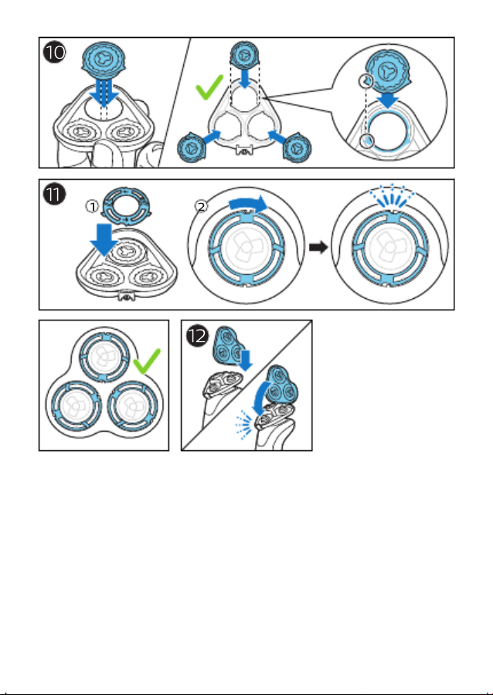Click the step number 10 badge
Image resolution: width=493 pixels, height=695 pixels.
tap(55, 53)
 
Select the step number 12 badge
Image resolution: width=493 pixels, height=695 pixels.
tap(197, 336)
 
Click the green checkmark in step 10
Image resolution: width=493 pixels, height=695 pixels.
tap(209, 86)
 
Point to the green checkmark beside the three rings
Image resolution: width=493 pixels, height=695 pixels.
tap(147, 361)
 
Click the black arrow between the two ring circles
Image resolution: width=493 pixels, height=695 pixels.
tap(318, 247)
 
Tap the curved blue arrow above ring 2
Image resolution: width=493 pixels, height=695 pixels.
tap(248, 204)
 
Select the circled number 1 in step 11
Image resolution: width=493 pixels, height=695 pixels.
tap(92, 206)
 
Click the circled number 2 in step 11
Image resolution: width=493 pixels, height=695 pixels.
tap(201, 206)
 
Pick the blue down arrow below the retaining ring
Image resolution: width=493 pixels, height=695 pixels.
tap(104, 240)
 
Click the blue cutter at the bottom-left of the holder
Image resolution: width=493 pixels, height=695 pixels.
tap(192, 147)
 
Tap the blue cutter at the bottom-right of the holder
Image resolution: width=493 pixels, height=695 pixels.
tap(296, 147)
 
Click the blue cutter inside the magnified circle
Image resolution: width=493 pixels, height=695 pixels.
tap(387, 70)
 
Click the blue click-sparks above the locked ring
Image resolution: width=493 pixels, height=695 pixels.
tap(392, 196)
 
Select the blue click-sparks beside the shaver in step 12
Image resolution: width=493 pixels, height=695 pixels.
tap(244, 425)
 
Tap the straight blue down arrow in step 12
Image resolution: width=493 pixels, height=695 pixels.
tap(245, 360)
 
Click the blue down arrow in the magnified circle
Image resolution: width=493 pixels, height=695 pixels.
tap(388, 100)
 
